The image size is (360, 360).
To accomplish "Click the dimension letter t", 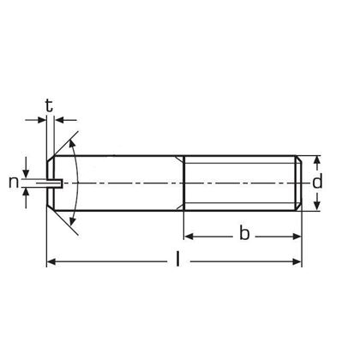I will point(49,106).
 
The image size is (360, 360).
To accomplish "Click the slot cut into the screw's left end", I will point(51,183).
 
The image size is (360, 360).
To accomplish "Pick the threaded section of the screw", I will point(242,183).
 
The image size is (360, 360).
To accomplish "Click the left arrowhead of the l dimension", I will point(51,261).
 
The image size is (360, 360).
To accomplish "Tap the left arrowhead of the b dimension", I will point(189,234).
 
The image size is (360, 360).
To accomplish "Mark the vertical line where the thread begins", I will point(183,183).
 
